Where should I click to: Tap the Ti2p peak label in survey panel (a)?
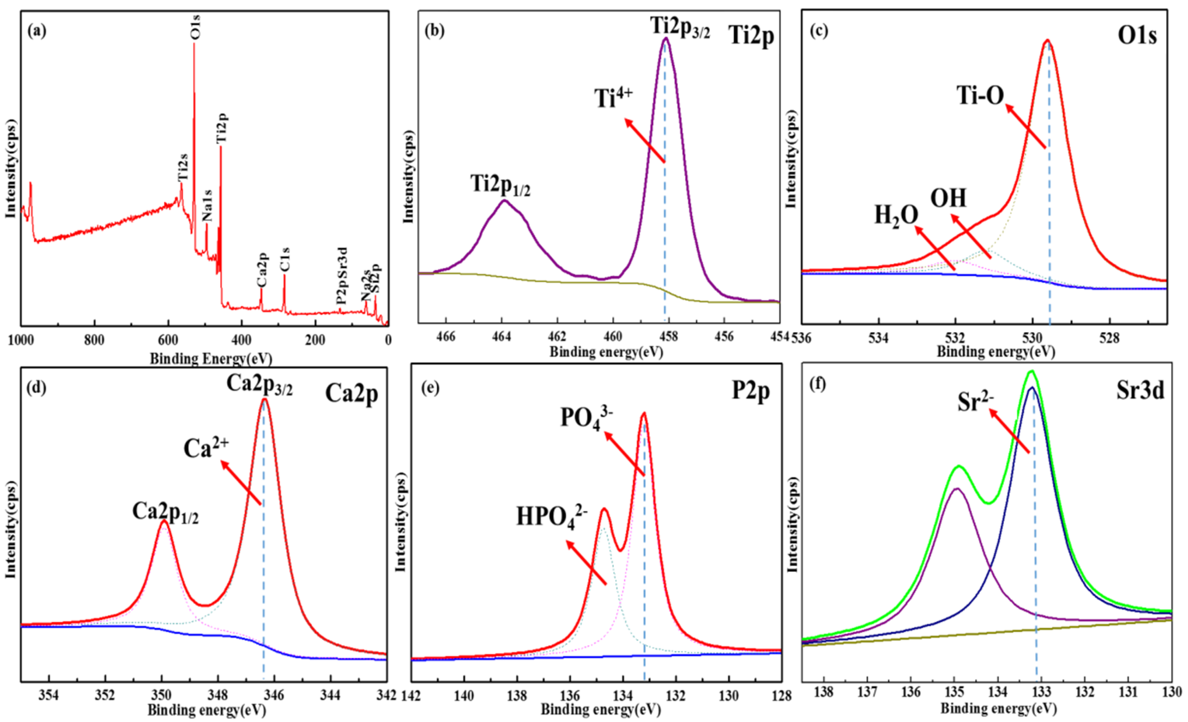(x=221, y=128)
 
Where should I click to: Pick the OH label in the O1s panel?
(x=948, y=198)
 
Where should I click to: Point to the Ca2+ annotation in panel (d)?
(x=206, y=448)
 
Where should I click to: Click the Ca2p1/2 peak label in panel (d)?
(x=165, y=513)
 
